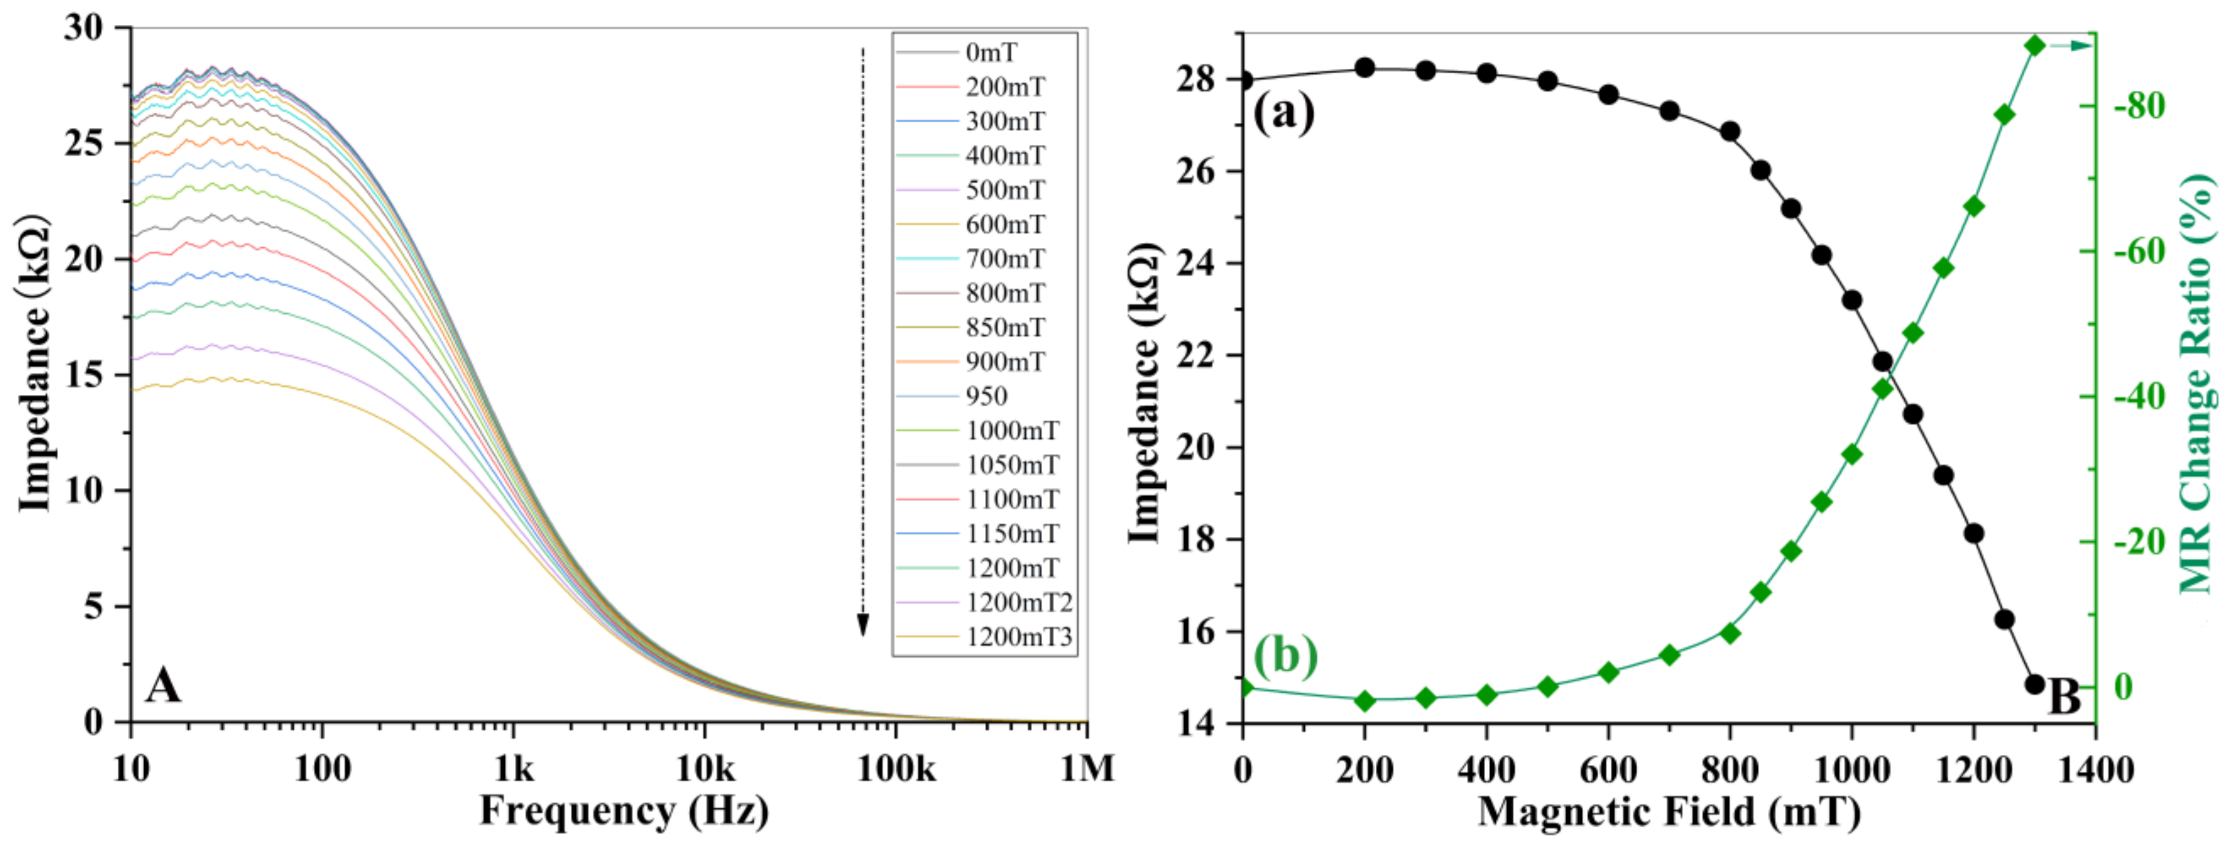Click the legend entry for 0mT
[x=991, y=53]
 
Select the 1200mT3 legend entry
[x=1019, y=637]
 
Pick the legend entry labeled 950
[x=986, y=397]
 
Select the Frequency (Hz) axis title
[x=624, y=812]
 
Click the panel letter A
[x=163, y=686]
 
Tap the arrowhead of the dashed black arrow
[x=863, y=625]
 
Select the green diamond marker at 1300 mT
[x=2034, y=45]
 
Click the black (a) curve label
[x=1283, y=113]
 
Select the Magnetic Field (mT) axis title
[x=1669, y=812]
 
